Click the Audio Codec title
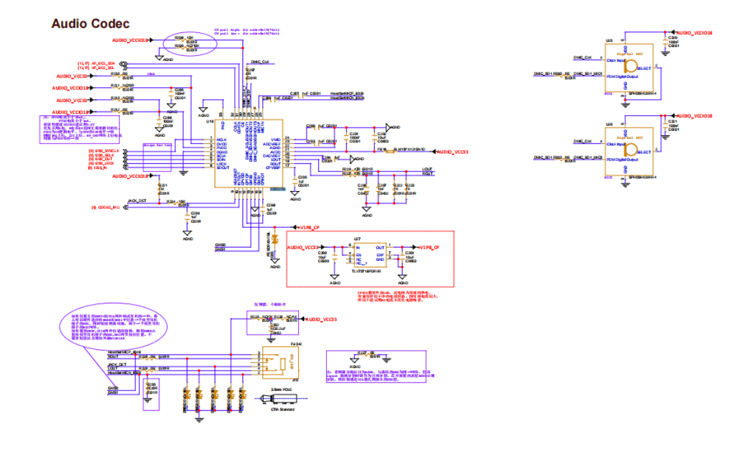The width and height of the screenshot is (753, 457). click(x=90, y=23)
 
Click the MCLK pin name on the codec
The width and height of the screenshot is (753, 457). click(x=222, y=140)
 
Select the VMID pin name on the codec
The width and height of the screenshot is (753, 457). click(x=276, y=139)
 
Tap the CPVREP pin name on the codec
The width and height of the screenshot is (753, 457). click(x=274, y=168)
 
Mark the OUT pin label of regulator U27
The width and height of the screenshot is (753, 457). click(x=380, y=248)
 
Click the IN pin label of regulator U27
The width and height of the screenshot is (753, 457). click(x=357, y=248)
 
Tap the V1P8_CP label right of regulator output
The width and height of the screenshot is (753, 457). click(x=429, y=247)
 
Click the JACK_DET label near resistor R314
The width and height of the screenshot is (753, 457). click(x=137, y=200)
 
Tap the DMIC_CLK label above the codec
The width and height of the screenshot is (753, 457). click(x=261, y=62)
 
